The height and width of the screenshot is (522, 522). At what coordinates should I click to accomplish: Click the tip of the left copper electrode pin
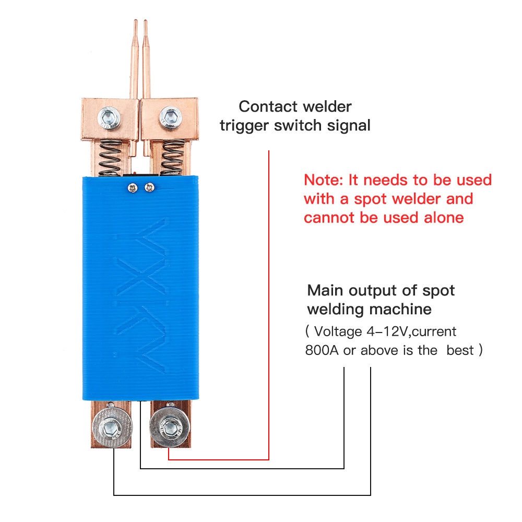coord(135,22)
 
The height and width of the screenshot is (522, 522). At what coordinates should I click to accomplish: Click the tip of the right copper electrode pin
coord(145,22)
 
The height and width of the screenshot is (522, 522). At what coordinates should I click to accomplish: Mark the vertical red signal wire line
coord(269,303)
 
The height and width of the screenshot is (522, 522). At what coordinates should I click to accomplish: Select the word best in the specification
coord(460,350)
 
